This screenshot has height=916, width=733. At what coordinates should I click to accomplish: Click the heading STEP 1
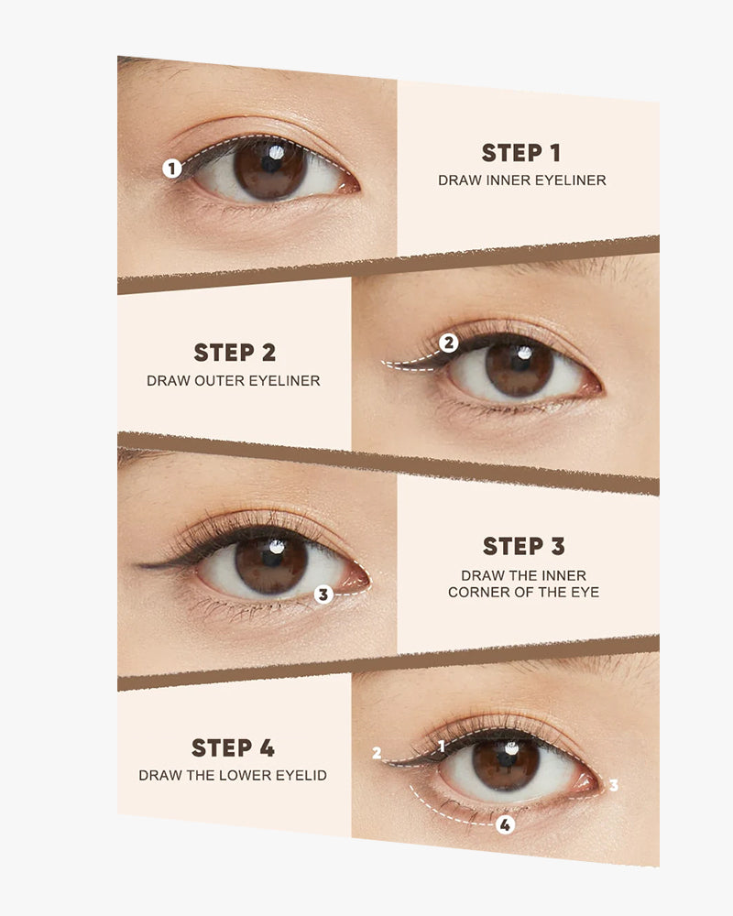[521, 153]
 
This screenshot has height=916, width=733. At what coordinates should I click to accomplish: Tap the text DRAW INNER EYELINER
[522, 180]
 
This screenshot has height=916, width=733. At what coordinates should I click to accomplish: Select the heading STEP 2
[235, 353]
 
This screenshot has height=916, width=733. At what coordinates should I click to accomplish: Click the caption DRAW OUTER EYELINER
[234, 381]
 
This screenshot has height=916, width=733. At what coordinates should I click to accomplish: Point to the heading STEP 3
[524, 546]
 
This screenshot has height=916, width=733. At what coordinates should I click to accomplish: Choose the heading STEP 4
[234, 747]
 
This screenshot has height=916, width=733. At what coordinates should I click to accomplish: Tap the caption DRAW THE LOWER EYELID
[233, 775]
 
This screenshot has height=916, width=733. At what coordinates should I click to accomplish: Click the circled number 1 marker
[172, 169]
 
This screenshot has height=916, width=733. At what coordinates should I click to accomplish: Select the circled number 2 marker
[448, 343]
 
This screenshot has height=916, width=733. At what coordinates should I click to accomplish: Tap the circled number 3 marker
[323, 594]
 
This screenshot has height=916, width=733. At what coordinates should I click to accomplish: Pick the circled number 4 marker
[505, 825]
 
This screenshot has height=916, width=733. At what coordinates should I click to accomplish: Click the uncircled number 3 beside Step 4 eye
[613, 785]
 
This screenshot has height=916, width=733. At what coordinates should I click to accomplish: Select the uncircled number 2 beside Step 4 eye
[377, 754]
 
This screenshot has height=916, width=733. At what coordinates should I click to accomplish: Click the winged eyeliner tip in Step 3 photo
[139, 565]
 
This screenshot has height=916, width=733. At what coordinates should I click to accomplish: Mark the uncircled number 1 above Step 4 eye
[442, 746]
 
